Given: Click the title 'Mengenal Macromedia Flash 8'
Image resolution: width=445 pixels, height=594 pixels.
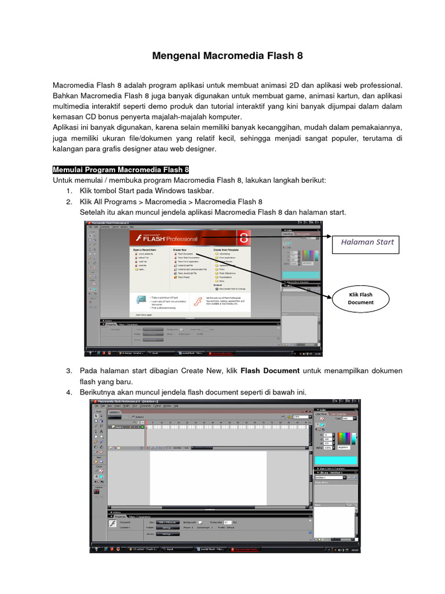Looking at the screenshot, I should tap(227, 56).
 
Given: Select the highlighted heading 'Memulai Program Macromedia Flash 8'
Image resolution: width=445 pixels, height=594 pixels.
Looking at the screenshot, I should tap(121, 170).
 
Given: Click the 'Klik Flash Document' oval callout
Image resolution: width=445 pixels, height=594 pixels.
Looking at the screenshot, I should tap(360, 298).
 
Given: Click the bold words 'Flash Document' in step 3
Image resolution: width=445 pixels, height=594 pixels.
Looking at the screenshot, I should tap(269, 371).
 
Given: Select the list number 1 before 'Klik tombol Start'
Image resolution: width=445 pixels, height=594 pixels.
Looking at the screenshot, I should tap(68, 191).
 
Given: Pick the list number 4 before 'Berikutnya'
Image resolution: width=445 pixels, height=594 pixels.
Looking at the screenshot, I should tap(68, 393).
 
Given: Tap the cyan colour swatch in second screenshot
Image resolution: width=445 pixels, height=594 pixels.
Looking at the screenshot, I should tap(336, 460).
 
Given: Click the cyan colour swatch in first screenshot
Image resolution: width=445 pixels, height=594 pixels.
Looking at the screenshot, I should tap(300, 274).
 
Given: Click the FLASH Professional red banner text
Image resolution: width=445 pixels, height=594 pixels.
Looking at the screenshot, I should tap(168, 238).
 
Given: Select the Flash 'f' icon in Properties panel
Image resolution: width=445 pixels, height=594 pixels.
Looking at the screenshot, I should tap(113, 523).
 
